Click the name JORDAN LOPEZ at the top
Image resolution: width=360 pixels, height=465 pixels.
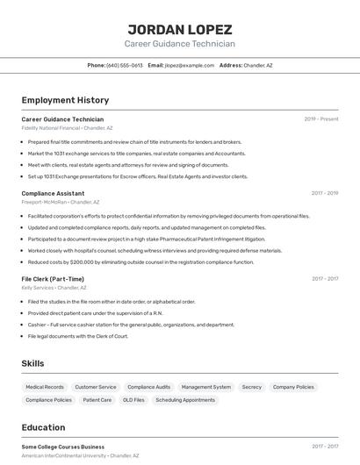point(179,29)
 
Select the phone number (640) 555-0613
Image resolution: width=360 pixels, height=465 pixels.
point(125,65)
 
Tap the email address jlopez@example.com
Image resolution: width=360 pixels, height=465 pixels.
point(190,65)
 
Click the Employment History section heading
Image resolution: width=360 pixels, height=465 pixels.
point(65,100)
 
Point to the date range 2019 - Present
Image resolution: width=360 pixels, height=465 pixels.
point(321,119)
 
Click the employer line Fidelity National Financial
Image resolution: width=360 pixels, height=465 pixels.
point(67,128)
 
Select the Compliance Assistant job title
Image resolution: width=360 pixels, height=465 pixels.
point(53,193)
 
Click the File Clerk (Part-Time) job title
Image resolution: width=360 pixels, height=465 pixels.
point(53,279)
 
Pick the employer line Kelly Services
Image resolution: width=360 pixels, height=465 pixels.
point(54,288)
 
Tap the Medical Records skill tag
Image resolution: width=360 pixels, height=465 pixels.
point(45,387)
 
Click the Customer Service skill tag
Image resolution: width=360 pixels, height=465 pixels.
point(96,387)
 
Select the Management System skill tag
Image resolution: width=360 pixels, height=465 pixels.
point(206,387)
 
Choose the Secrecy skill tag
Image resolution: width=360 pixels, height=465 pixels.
point(252,387)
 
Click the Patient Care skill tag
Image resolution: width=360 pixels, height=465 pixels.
point(97,400)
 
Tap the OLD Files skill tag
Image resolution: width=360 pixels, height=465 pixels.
point(133,400)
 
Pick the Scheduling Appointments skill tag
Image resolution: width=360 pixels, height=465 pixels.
point(185,400)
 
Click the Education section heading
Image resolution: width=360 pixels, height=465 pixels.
point(43,427)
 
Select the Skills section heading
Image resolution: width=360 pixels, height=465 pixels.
point(32,363)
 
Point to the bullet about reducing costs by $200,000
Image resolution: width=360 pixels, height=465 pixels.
point(140,261)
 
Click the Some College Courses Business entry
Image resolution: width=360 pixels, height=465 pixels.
point(62,447)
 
